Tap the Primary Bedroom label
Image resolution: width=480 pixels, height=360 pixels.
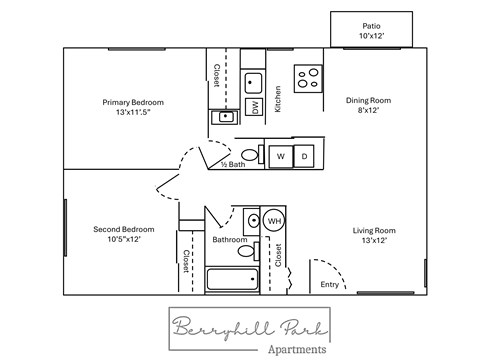tap(133, 107)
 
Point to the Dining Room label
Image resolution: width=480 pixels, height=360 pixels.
tap(368, 105)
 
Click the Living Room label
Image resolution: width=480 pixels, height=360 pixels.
tap(374, 235)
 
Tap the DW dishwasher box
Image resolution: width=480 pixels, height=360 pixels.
tap(255, 107)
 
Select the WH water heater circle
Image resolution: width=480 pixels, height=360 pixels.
tap(274, 221)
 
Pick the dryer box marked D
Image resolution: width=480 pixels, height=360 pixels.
tap(305, 156)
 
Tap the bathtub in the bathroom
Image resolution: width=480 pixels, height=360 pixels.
tap(231, 281)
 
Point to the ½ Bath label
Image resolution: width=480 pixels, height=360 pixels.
tap(233, 164)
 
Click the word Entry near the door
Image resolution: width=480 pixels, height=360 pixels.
tap(330, 285)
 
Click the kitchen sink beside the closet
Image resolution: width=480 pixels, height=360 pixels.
tap(254, 82)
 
